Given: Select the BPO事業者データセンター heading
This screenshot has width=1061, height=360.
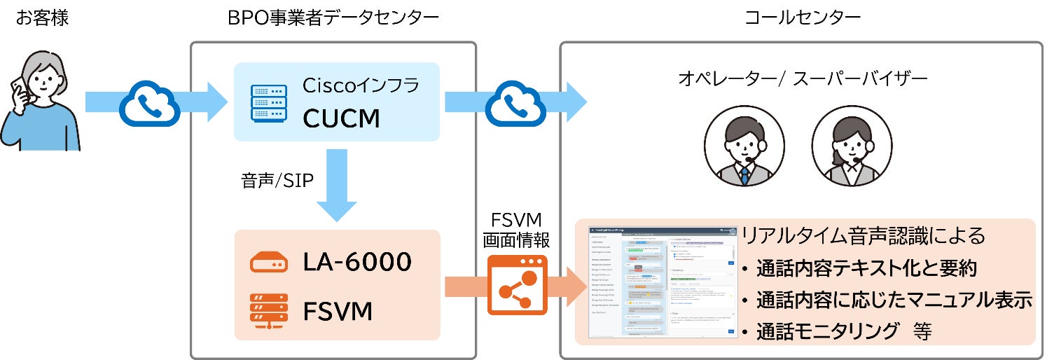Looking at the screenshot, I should click(333, 19).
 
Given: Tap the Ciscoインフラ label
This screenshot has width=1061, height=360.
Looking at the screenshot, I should click(360, 86).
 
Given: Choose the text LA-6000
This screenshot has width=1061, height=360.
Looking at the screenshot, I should click(357, 262).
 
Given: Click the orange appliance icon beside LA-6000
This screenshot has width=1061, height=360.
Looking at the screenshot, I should click(269, 263).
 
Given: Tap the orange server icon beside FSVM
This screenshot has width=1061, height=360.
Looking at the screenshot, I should click(269, 310).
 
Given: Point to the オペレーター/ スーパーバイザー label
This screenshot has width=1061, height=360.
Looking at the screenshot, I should click(803, 79).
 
